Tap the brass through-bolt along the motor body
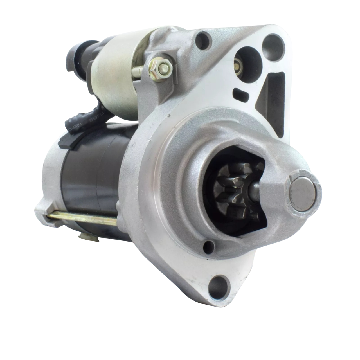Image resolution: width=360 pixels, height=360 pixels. pyautogui.click(x=82, y=219)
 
